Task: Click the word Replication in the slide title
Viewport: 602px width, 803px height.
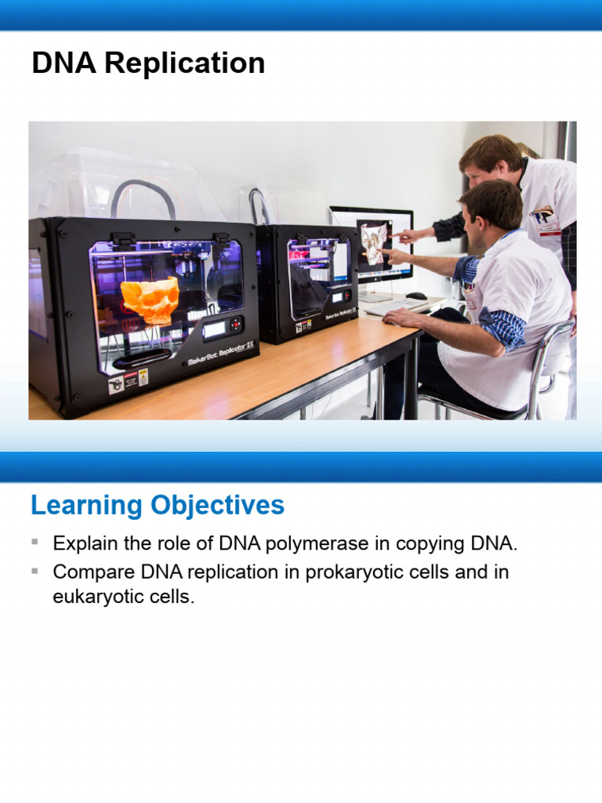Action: pos(185,64)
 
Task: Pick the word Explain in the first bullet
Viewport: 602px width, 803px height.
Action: pos(84,543)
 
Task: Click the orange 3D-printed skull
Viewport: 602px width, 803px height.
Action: pos(150,298)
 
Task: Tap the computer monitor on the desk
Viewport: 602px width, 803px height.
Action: pos(372,243)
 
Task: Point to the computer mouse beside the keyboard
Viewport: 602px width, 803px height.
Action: pos(417,296)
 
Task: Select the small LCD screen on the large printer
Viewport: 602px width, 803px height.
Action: pos(214,330)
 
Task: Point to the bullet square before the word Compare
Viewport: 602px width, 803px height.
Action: pos(34,572)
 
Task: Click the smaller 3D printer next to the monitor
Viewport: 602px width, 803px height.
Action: pos(307,282)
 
